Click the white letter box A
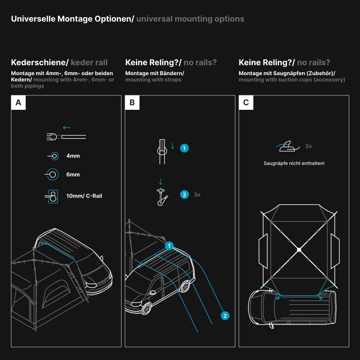[x=18, y=103]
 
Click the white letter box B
[x=132, y=103]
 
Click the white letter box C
[x=246, y=103]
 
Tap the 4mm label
[x=72, y=156]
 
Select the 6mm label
[x=72, y=174]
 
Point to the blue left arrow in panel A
[x=67, y=127]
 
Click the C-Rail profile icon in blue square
[x=52, y=196]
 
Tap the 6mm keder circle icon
[x=52, y=174]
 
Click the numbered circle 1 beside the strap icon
[x=184, y=148]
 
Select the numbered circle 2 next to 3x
[x=184, y=195]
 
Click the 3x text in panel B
[x=197, y=195]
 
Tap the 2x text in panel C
[x=309, y=146]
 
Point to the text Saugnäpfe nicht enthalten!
[x=294, y=163]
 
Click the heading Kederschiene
[x=40, y=63]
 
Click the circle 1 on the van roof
[x=169, y=246]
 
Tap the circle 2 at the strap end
[x=225, y=316]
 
